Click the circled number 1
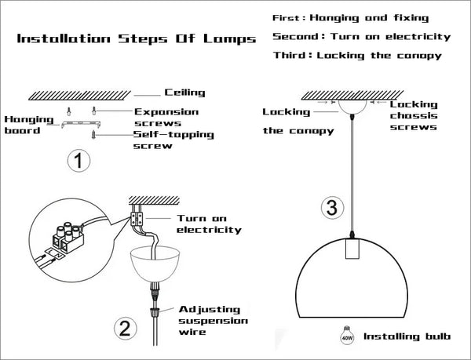(78, 162)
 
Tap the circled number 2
(123, 328)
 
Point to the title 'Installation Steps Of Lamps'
(137, 38)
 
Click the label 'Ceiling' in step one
(184, 93)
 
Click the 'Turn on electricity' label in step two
(208, 224)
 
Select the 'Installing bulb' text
(407, 338)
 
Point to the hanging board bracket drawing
(79, 123)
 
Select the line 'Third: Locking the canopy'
(356, 55)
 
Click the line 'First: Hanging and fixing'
(350, 16)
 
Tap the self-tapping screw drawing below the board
(92, 135)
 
